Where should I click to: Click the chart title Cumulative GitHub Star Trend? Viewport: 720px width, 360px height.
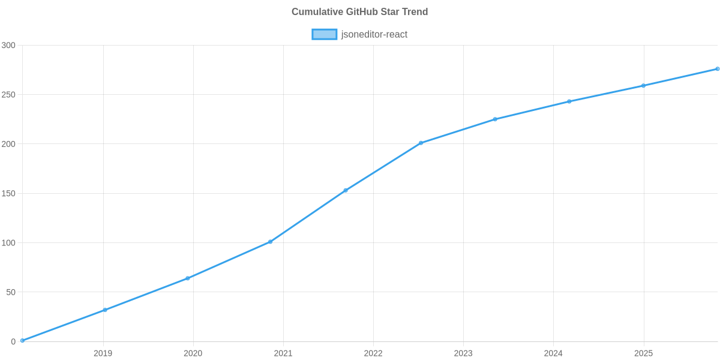(x=359, y=12)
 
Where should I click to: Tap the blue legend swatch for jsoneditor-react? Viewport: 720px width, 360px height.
(x=324, y=34)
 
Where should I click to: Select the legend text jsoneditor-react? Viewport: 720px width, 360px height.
(x=374, y=34)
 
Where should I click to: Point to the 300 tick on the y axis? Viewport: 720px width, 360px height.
(x=8, y=46)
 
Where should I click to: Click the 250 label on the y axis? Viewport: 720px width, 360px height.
(x=8, y=95)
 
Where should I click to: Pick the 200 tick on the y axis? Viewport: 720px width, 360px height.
(x=8, y=144)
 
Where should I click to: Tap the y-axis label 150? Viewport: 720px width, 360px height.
(x=8, y=194)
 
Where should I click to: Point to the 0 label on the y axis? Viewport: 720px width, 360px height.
(x=13, y=342)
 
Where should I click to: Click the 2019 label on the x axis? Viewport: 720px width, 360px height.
(x=103, y=353)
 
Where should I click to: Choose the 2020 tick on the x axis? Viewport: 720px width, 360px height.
(x=193, y=353)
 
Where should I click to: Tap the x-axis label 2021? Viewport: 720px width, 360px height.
(x=283, y=353)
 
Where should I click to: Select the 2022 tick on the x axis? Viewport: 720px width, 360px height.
(x=373, y=353)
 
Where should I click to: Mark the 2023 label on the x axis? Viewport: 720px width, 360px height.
(x=463, y=353)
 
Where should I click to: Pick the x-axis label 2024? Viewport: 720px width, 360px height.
(x=553, y=353)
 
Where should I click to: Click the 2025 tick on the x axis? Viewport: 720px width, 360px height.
(x=643, y=353)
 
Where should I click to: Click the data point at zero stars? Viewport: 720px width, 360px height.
(x=22, y=340)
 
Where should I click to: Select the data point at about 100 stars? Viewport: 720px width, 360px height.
(x=271, y=242)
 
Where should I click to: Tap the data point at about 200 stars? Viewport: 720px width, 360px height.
(x=421, y=143)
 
